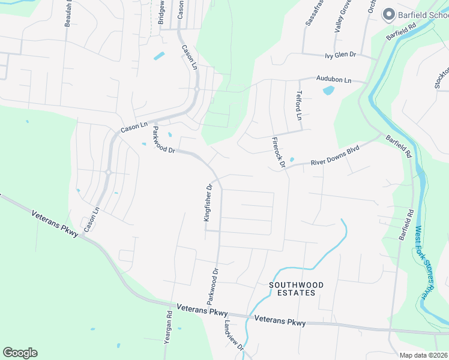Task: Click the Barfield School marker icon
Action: pos(388,14)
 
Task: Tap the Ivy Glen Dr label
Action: pos(340,55)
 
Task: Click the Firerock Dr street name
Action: pos(277,151)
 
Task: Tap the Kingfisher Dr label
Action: pos(208,203)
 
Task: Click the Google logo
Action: pos(20,353)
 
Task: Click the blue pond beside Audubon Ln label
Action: pos(328,91)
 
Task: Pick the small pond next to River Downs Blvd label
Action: pos(291,160)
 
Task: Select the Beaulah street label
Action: pos(68,13)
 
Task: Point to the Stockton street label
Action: pos(440,75)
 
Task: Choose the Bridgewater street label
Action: pos(161,12)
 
